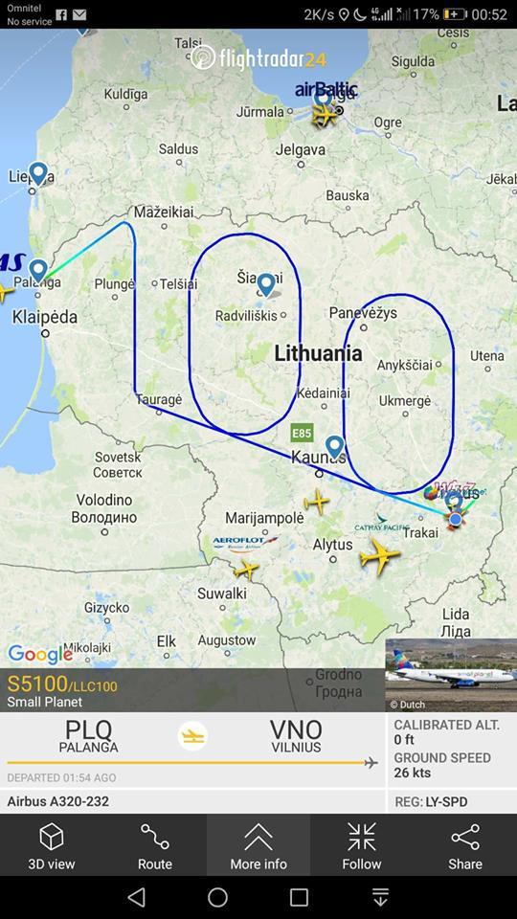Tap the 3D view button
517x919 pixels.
tap(52, 845)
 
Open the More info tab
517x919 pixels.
tap(258, 845)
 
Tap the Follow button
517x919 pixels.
tap(362, 845)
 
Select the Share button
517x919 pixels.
tap(465, 845)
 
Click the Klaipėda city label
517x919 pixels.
tap(45, 317)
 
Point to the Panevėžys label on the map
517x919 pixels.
tap(363, 313)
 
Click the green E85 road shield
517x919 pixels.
tap(303, 433)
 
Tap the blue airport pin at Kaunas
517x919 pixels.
tap(334, 446)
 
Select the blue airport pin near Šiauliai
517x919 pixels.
tap(265, 283)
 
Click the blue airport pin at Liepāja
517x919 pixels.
tap(38, 173)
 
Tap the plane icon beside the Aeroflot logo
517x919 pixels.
tap(246, 570)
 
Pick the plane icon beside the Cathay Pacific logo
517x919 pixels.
tap(380, 555)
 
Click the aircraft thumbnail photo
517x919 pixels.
tap(451, 675)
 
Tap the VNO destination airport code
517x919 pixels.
tap(296, 730)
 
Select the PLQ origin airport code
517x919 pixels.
tap(88, 730)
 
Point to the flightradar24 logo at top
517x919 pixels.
tap(258, 58)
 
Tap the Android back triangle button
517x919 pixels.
tap(137, 897)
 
